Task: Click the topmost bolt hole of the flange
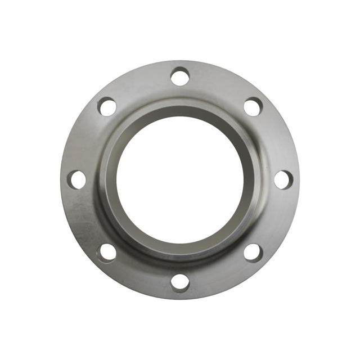pos(180,76)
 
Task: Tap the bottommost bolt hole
pos(180,282)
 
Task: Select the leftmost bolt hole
pos(77,179)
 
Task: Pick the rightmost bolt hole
pos(283,179)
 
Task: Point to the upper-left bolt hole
pos(107,106)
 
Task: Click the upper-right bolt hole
pos(253,106)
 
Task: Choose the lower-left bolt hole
pos(107,252)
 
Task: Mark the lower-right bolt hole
pos(253,252)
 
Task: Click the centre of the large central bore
pos(180,179)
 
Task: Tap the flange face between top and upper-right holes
pos(219,84)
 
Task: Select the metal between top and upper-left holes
pos(141,84)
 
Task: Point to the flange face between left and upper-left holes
pos(85,140)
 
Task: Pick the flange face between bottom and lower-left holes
pos(141,274)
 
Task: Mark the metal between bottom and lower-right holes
pos(219,274)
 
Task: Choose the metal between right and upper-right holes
pos(275,140)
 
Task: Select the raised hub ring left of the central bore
pos(109,179)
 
